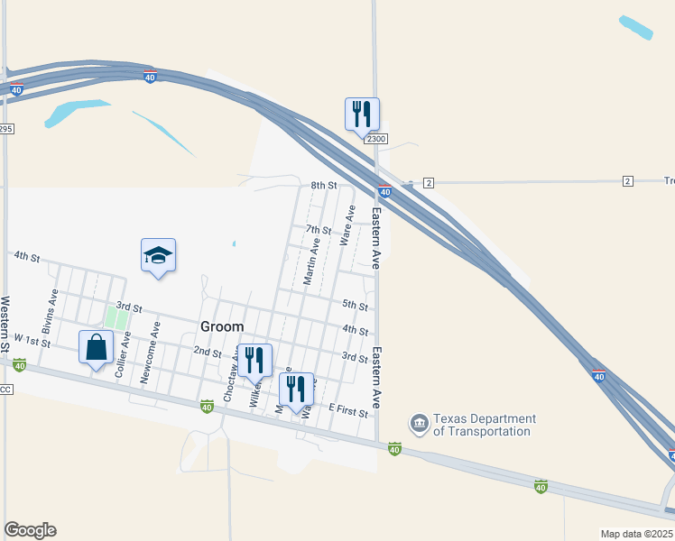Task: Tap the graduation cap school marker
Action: point(158,255)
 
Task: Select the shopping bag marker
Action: point(97,348)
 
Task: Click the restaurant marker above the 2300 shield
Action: point(362,115)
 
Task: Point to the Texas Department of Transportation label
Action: point(484,425)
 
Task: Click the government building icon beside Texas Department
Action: point(419,423)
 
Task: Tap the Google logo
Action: point(30,530)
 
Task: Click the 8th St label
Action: point(323,186)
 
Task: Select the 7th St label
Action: point(319,230)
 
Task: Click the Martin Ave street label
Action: point(311,261)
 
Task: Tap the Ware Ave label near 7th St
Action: point(346,225)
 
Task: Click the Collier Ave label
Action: point(122,353)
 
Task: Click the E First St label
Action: point(348,410)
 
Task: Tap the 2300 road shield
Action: point(376,138)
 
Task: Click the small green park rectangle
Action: point(116,317)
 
